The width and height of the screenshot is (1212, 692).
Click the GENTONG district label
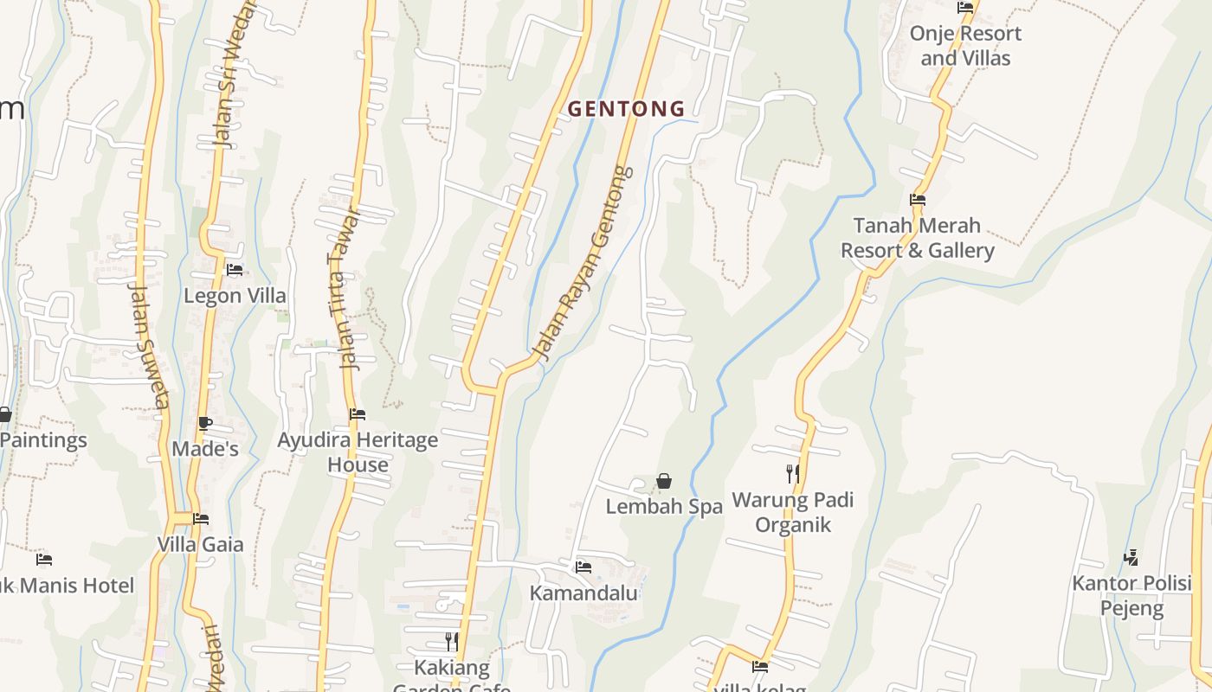[x=626, y=109]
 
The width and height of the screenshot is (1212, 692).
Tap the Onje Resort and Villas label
[x=965, y=46]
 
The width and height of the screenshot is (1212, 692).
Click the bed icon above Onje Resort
[x=965, y=8]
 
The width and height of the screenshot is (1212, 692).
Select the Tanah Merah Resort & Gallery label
[x=918, y=238]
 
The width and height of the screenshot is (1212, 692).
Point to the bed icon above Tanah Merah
[x=918, y=200]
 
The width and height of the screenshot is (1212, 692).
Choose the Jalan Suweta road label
[x=149, y=346]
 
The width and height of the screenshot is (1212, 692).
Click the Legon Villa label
[x=235, y=296]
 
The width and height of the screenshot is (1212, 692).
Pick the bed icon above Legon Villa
[x=235, y=269]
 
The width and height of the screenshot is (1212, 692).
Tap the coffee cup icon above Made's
[x=204, y=423]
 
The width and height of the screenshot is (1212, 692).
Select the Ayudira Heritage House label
[x=358, y=452]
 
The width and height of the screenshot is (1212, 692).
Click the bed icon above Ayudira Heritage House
[x=358, y=414]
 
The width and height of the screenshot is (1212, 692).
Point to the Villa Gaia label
[x=201, y=545]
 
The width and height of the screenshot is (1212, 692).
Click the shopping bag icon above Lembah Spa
[x=664, y=481]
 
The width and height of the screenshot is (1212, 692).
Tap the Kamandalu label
[x=583, y=593]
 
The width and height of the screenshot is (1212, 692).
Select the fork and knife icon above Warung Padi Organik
[x=792, y=473]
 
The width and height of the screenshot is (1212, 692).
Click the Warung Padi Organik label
[x=793, y=512]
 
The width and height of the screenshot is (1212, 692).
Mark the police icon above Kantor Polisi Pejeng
[x=1131, y=557]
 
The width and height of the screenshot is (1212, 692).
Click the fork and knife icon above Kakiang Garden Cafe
[x=451, y=641]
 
